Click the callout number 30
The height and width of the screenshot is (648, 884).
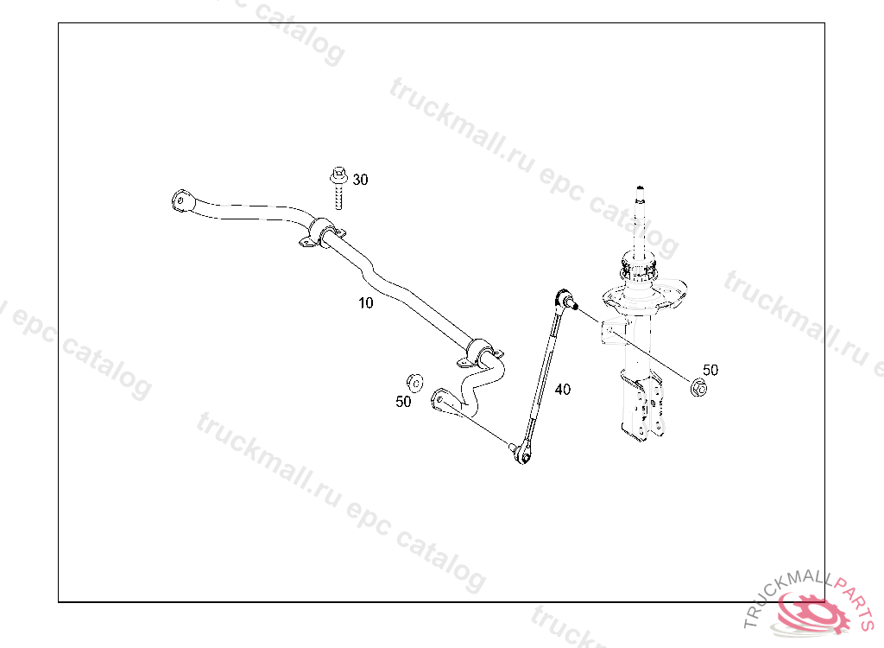pos(360,180)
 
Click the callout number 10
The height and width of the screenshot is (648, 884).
pos(366,302)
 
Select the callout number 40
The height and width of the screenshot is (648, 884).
pos(562,390)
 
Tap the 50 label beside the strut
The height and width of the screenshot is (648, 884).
pos(710,370)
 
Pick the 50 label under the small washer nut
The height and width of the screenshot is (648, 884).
pos(403,402)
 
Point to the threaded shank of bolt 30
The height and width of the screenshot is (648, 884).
pos(338,199)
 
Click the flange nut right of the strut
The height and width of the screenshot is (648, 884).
pos(700,387)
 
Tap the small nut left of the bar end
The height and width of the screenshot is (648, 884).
pos(414,381)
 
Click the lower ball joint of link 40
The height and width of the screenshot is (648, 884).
pos(521,453)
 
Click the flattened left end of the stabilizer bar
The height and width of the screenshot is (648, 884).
pos(180,200)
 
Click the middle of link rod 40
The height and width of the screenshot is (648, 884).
pos(543,376)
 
